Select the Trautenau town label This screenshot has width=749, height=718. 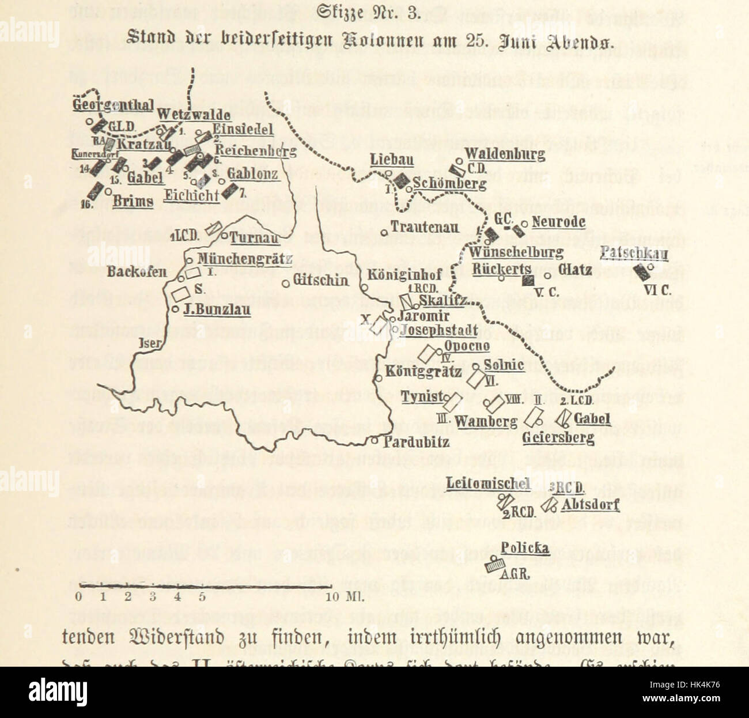425,228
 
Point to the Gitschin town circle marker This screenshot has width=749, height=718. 286,283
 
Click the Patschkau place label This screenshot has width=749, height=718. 634,254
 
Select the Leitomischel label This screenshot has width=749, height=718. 488,483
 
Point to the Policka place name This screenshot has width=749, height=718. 524,547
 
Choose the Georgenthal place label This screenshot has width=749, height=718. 113,105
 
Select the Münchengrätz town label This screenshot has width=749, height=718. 245,259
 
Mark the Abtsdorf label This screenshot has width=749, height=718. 590,505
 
